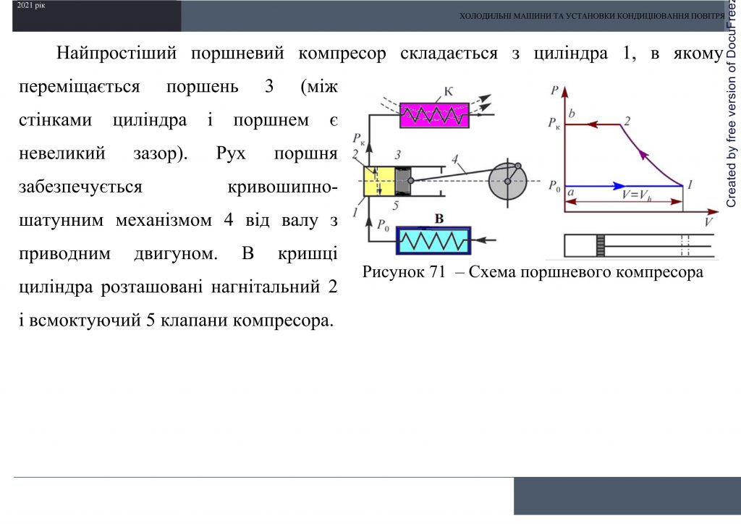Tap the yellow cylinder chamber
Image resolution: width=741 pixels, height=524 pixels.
coord(378,180)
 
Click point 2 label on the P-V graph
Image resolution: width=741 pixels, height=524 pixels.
coord(627,121)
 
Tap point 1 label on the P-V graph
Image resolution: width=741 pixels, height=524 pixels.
coord(690,185)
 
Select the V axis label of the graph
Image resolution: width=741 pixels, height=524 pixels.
coord(710,222)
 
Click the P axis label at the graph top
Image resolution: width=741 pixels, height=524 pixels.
coord(554,90)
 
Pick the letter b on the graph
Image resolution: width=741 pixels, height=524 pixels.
coord(572,114)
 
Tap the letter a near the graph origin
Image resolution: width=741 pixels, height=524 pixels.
coord(572,193)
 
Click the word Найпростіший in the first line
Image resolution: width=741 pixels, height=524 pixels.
coord(116,54)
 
